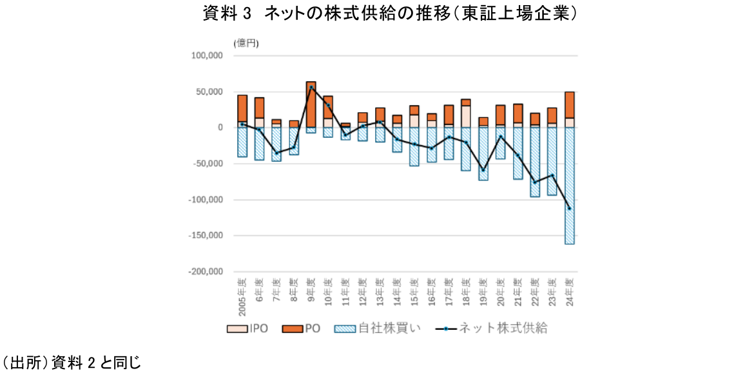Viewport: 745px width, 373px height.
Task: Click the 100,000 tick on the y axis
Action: point(206,56)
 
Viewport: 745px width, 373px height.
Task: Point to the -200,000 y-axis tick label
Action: point(205,272)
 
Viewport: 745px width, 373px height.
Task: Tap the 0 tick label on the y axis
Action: point(220,128)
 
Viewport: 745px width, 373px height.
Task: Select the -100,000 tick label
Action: point(205,200)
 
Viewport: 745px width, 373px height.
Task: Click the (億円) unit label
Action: point(246,43)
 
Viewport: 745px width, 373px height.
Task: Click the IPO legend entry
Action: point(251,329)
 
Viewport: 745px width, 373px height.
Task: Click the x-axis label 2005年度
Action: point(242,297)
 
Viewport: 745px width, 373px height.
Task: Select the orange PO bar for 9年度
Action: point(311,104)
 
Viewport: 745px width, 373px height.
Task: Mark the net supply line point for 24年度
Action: point(570,208)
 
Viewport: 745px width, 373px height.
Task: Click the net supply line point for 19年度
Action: point(483,170)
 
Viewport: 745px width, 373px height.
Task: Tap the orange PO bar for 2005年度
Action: point(242,108)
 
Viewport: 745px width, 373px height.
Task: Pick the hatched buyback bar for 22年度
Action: point(535,162)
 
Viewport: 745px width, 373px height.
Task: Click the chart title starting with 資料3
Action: point(389,14)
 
